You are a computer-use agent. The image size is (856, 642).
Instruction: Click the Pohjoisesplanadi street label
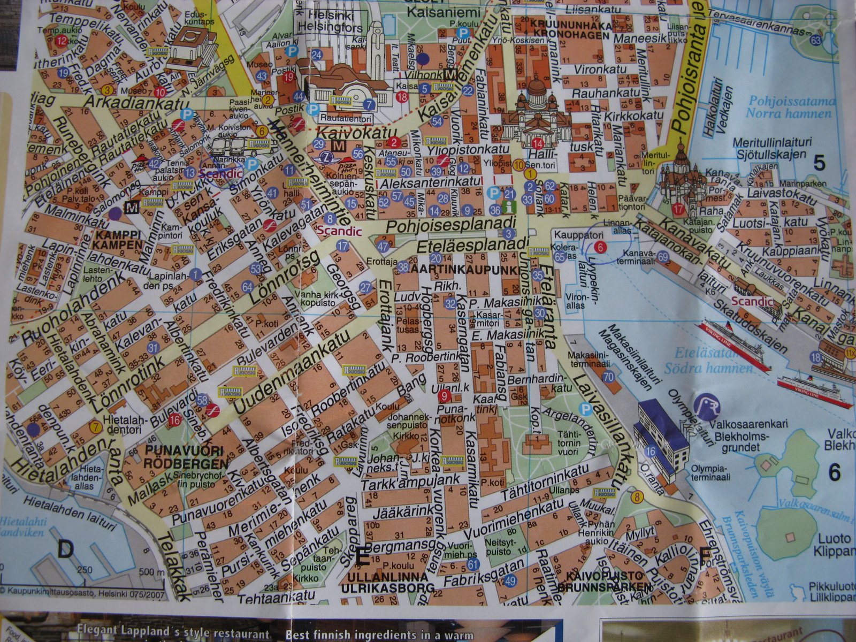(450, 224)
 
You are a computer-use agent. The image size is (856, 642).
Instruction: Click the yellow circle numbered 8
(636, 497)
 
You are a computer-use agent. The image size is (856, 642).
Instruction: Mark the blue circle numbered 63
(816, 40)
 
